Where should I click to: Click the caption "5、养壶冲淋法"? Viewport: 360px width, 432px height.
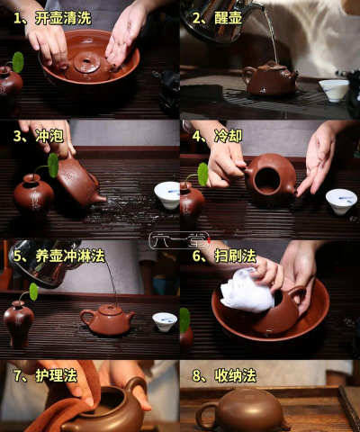pos(58,256)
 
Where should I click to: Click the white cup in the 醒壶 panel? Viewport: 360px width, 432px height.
pos(334,89)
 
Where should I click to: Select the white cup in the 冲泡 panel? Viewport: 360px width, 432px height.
pos(166,193)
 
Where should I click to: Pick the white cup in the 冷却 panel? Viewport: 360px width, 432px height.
pos(341,200)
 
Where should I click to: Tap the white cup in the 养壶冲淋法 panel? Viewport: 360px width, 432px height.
pos(163,321)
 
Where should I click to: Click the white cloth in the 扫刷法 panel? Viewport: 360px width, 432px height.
pos(247,291)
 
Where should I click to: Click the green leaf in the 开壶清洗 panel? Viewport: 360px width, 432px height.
pos(17,62)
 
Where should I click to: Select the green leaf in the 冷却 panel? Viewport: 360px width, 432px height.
pos(202,174)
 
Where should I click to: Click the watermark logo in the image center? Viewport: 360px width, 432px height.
pos(179,240)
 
